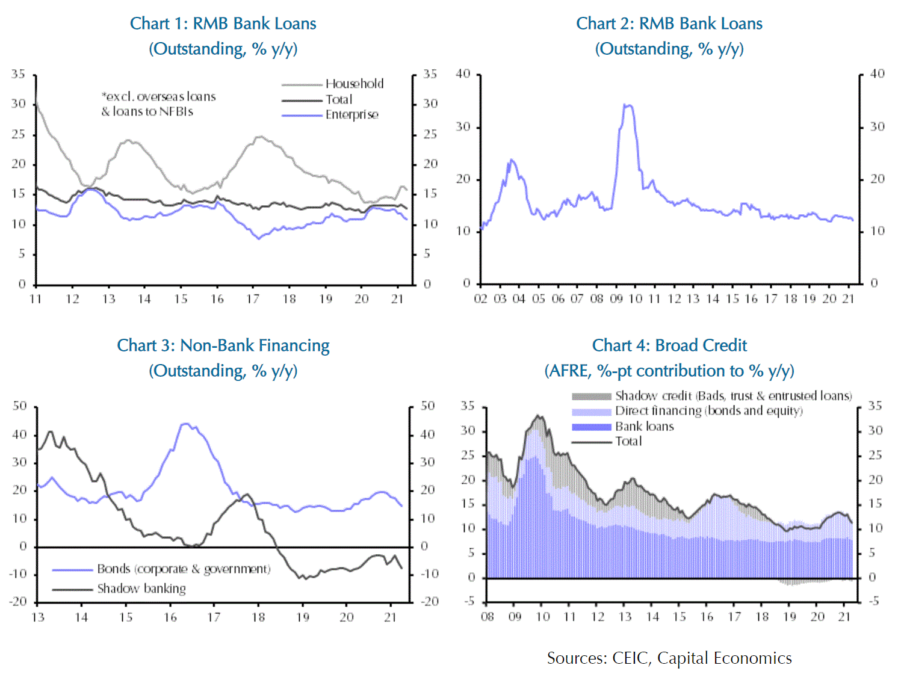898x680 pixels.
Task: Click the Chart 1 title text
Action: pos(223,24)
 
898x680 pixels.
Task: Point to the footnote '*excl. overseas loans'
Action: pos(159,96)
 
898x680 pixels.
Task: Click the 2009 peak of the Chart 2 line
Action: pos(627,105)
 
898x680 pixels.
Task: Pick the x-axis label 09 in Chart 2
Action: pos(616,299)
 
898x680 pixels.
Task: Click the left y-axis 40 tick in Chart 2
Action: pos(463,74)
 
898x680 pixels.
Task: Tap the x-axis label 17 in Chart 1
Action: pos(253,299)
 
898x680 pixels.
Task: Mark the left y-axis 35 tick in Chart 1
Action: pos(19,74)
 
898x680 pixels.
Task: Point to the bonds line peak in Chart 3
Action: pos(185,424)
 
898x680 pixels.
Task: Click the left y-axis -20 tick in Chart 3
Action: pos(19,601)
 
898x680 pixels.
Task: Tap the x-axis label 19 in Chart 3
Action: pos(302,617)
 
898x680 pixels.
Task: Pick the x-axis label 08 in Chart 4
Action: pos(488,617)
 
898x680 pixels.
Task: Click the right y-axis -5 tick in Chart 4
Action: pos(873,601)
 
